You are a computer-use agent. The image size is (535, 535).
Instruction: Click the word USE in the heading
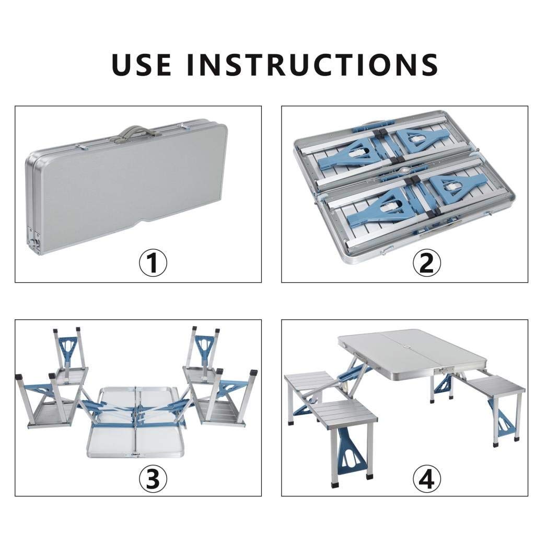[141, 65]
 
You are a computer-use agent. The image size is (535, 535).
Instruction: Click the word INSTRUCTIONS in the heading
[312, 65]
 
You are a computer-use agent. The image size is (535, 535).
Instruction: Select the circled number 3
[153, 479]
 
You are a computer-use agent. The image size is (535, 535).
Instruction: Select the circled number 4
[427, 479]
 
